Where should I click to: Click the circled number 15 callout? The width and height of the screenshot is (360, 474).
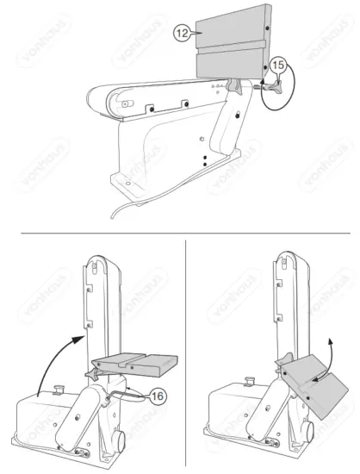click(277, 65)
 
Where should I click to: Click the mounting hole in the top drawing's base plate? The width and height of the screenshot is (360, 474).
click(127, 183)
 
